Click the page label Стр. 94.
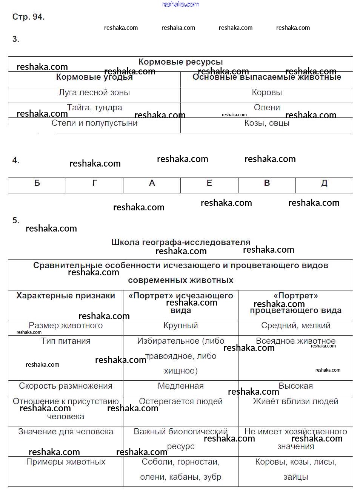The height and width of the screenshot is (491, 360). pos(28,17)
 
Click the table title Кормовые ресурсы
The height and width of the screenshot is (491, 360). pos(180,62)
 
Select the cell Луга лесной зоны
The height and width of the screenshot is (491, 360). pos(94,93)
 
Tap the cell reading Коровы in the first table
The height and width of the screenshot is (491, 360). pos(267,93)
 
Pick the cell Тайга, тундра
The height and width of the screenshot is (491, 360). pos(94,108)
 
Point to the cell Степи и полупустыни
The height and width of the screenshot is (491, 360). pos(94,123)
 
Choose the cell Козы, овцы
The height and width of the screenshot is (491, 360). pos(267,123)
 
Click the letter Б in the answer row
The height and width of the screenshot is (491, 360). pos(37,183)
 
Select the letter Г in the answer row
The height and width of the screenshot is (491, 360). pos(94,183)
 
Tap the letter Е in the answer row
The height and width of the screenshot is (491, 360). pos(209,183)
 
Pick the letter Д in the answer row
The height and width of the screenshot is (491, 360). pos(324,183)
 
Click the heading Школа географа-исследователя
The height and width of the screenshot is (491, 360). pos(180,242)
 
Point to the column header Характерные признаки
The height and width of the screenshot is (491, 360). pos(66,296)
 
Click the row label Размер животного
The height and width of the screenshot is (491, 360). pos(66,326)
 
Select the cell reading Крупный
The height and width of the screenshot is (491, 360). pos(180,326)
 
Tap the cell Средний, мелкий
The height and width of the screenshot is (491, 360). pos(295,326)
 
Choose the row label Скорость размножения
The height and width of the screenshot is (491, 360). pos(66,386)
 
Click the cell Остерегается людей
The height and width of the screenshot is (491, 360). pos(180,401)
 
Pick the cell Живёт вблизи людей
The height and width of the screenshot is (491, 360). pos(295,401)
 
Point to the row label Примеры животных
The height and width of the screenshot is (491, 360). pos(66,462)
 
